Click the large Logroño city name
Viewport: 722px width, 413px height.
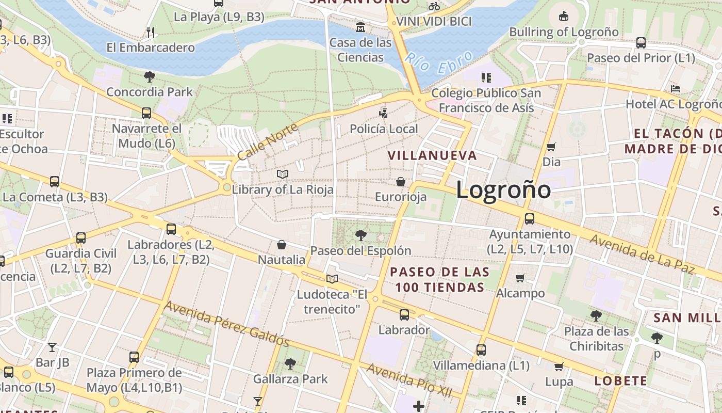coord(503,190)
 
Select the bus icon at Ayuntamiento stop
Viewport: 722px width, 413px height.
coord(530,218)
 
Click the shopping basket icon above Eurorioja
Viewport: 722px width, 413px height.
coord(401,182)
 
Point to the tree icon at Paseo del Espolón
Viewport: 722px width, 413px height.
coord(360,235)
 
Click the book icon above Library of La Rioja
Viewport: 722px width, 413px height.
coord(282,174)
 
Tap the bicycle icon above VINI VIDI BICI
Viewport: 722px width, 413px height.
coord(434,6)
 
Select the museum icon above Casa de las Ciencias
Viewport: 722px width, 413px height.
coord(360,26)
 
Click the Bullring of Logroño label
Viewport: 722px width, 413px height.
coord(564,32)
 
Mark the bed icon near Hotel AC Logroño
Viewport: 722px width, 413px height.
coord(675,89)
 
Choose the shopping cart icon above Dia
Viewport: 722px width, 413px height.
coord(551,147)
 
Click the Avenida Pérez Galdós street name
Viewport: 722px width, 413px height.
coord(226,324)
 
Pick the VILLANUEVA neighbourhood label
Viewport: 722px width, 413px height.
coord(432,155)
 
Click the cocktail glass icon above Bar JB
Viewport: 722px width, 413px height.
coord(52,347)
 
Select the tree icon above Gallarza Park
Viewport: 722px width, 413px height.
coord(290,364)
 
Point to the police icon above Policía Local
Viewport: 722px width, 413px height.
coord(383,113)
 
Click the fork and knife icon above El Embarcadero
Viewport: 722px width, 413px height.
coord(151,33)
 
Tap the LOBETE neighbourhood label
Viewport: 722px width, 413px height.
coord(620,381)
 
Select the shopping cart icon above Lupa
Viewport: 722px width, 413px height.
coord(559,367)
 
